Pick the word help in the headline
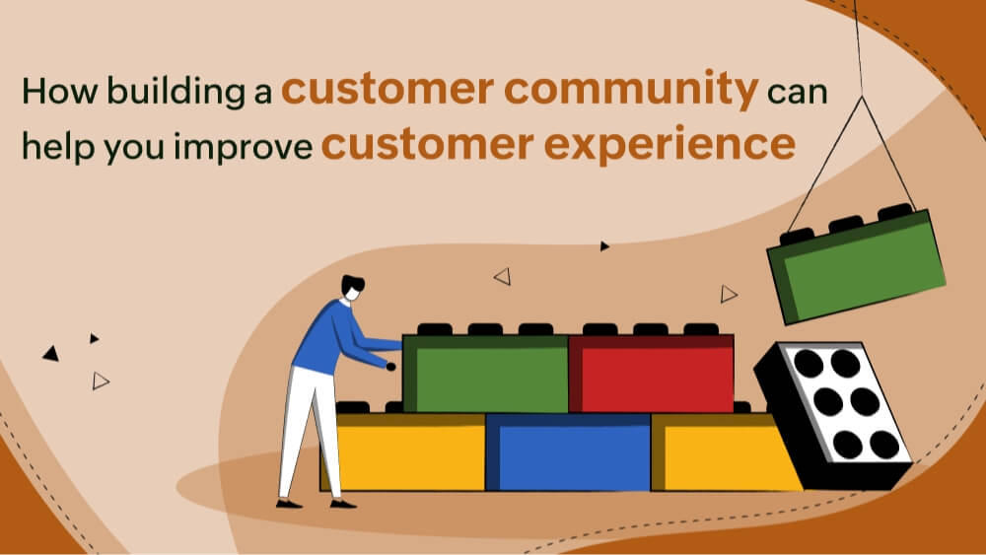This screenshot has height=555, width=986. click(x=56, y=147)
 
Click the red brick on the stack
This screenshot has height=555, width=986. click(x=651, y=374)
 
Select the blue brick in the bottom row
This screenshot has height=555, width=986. click(x=568, y=451)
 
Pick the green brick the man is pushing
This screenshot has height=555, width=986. click(x=485, y=374)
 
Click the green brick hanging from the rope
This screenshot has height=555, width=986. click(x=856, y=264)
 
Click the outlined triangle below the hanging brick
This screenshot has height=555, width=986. click(x=729, y=293)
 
